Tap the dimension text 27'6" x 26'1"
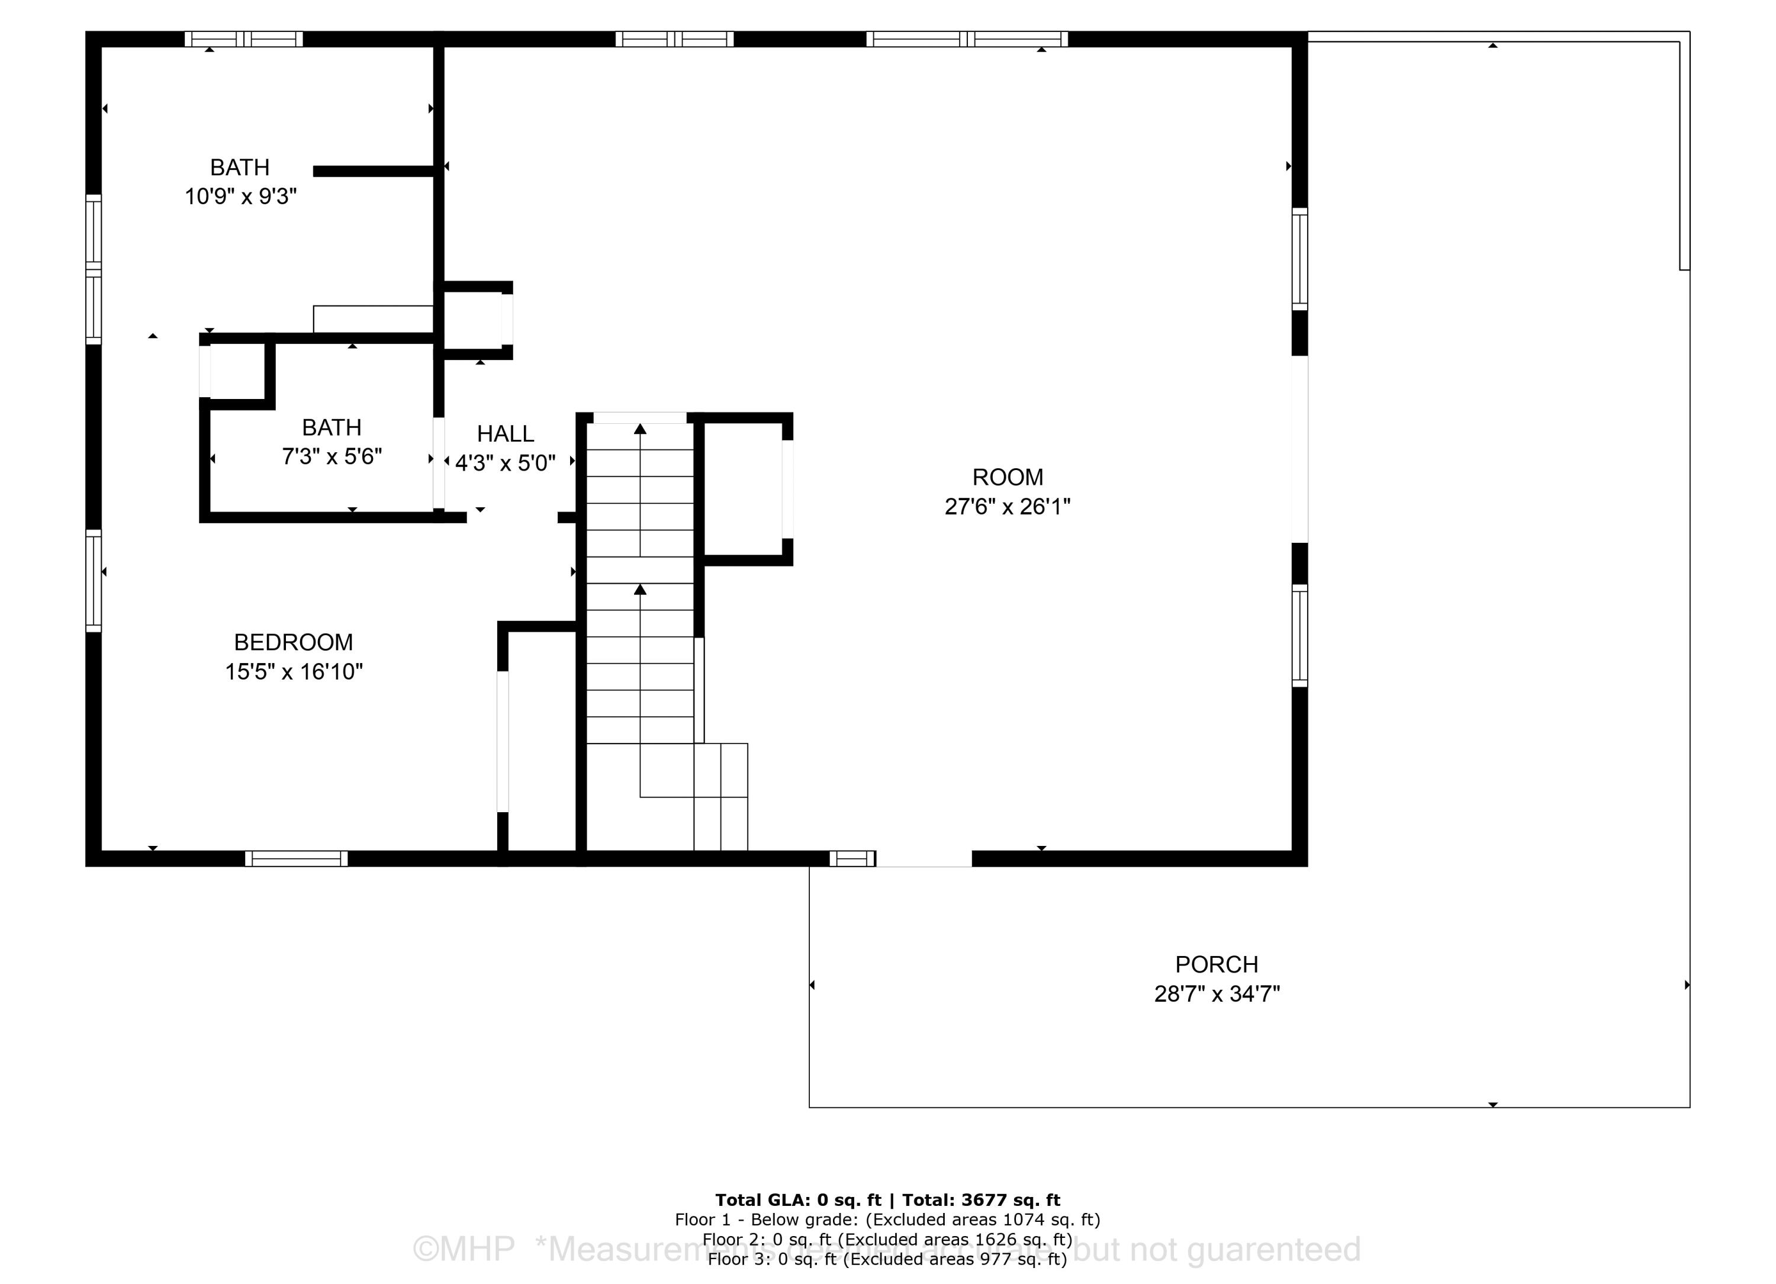click(x=1007, y=507)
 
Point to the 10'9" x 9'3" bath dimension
click(x=240, y=197)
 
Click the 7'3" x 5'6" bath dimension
click(x=332, y=456)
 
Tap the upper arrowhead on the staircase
click(x=640, y=429)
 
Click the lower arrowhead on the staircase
click(x=640, y=590)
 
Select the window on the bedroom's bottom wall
click(x=296, y=859)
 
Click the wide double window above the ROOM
click(x=966, y=39)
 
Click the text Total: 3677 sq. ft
click(x=980, y=1200)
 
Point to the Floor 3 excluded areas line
click(x=887, y=1259)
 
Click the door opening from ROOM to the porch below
click(x=924, y=860)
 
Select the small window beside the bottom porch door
click(x=852, y=859)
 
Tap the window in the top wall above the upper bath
click(x=243, y=39)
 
